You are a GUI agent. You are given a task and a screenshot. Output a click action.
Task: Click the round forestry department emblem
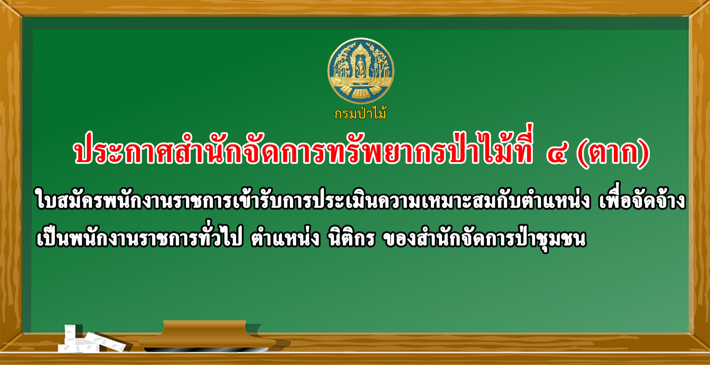(361, 71)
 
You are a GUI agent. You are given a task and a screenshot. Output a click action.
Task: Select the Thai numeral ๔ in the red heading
(558, 153)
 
